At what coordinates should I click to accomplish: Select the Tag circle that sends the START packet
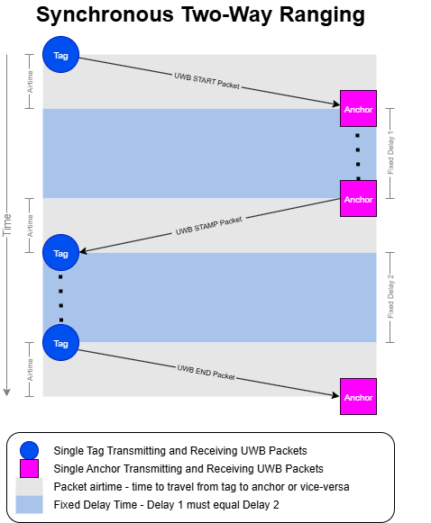pos(60,55)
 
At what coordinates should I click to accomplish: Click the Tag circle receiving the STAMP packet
pos(60,253)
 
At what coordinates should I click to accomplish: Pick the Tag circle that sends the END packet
pos(60,343)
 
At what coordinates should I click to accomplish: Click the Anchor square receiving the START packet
pos(358,109)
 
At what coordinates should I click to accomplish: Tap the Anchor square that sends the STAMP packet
pos(358,199)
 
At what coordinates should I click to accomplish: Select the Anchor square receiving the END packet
pos(358,397)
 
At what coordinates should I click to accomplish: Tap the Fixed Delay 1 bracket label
pos(390,152)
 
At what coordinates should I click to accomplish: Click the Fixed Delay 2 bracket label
pos(390,297)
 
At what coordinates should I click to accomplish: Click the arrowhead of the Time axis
pos(8,392)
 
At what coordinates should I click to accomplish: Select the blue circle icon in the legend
pos(30,449)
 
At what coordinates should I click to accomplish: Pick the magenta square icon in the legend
pos(30,468)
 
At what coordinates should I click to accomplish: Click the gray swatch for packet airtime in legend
pos(30,486)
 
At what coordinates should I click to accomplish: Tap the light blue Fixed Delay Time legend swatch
pos(30,504)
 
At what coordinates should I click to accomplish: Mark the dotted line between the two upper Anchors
pos(358,150)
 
